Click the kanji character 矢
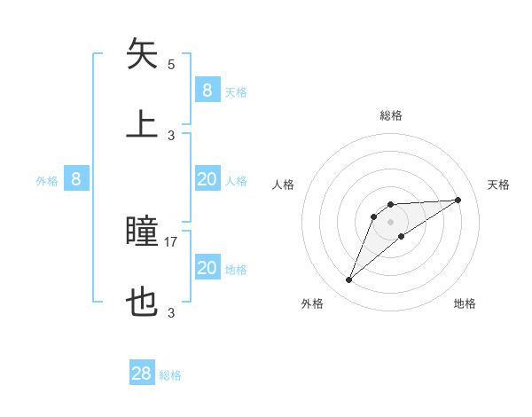tap(143, 54)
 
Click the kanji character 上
tap(143, 124)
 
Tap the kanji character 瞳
tap(143, 232)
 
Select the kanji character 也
tap(143, 303)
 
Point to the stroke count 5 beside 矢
tap(171, 65)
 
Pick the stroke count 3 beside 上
tap(171, 135)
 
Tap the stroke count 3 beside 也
tap(171, 312)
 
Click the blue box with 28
tap(142, 374)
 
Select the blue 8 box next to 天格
tap(207, 90)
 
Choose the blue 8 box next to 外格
tap(76, 179)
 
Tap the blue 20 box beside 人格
tap(207, 179)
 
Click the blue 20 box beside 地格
tap(207, 268)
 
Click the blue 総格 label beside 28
tap(170, 375)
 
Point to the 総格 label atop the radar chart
tap(390, 115)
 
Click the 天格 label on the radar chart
tap(498, 185)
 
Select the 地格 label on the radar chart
tap(465, 303)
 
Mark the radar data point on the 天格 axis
tap(458, 200)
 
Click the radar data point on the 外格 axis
tap(348, 280)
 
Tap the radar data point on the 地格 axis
tap(402, 236)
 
